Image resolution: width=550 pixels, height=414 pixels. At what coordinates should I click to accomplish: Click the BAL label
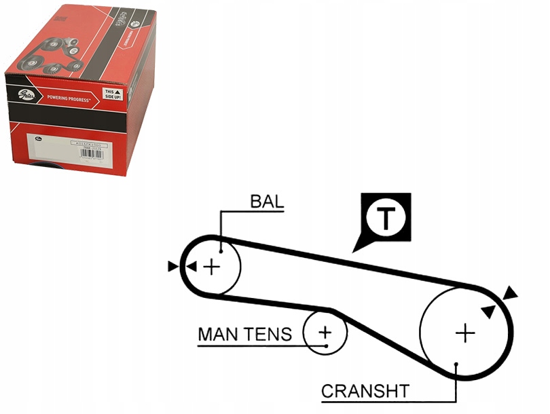(267, 202)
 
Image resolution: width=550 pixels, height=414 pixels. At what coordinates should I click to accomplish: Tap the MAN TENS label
(244, 334)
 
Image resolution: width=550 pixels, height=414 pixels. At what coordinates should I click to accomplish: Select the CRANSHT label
(365, 391)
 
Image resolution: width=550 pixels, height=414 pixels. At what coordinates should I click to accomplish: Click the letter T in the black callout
(386, 218)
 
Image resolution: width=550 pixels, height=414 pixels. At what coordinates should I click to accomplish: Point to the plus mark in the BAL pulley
(213, 266)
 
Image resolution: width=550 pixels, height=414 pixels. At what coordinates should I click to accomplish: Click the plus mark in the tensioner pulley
(325, 332)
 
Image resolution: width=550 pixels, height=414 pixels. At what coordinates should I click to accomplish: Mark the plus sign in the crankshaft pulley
(465, 333)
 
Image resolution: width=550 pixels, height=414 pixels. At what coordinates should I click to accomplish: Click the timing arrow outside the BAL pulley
(173, 267)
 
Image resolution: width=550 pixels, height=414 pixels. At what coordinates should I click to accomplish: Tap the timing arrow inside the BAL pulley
(192, 267)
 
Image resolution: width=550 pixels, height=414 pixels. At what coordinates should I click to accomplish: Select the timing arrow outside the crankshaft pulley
(510, 293)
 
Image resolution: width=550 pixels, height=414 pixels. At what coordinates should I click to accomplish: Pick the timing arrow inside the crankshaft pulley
(488, 310)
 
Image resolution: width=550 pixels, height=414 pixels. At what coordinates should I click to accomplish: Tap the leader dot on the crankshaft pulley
(457, 364)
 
